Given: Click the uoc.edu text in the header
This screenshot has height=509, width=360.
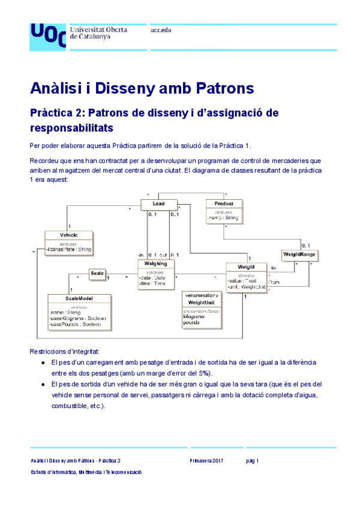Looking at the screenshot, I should point(161,30).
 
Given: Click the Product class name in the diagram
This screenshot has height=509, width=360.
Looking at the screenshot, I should point(223,204).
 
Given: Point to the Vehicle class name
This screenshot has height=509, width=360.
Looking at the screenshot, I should point(68,235).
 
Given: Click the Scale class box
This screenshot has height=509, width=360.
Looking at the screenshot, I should point(97,274).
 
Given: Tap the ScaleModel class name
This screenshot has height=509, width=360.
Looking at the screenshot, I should point(78,298).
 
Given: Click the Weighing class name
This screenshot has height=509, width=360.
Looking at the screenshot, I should point(156,264).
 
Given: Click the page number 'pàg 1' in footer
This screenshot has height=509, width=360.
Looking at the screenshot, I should point(252,461).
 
